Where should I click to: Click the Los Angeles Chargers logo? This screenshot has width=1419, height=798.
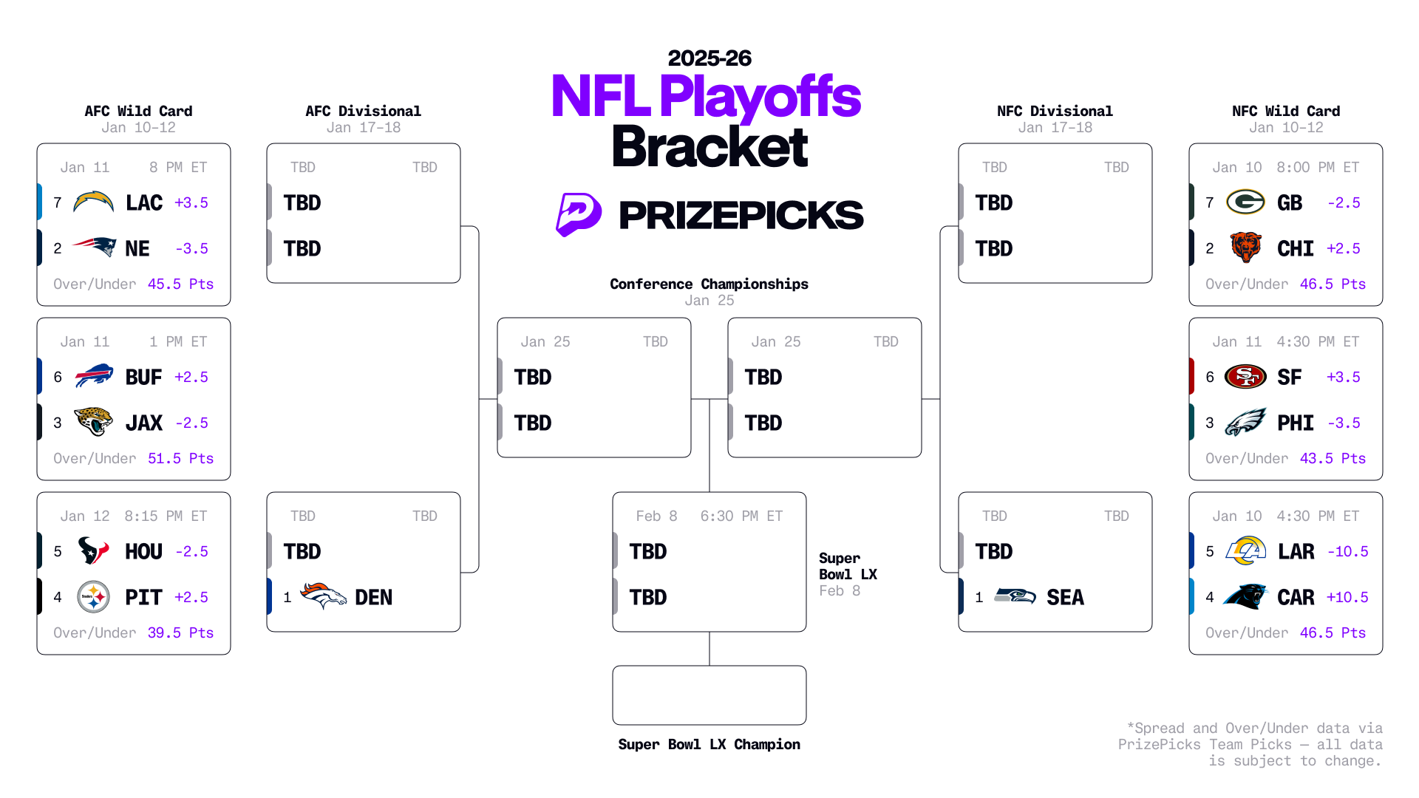click(x=94, y=202)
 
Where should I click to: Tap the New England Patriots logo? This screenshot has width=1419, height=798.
click(x=94, y=248)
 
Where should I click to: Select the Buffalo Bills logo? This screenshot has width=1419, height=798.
click(x=94, y=377)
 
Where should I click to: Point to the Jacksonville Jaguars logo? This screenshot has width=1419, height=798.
click(x=94, y=422)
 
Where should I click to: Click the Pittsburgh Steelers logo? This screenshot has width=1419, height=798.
click(x=94, y=597)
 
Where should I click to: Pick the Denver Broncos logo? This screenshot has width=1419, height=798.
click(x=323, y=596)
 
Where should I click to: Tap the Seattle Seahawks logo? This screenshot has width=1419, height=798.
click(x=1015, y=596)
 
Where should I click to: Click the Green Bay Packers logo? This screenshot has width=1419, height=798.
click(x=1245, y=202)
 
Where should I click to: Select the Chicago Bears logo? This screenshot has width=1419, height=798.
click(x=1245, y=248)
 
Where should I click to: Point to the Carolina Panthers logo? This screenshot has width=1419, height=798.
click(x=1245, y=596)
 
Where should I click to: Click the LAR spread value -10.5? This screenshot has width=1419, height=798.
click(x=1347, y=551)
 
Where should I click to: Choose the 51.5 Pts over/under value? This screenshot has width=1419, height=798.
click(x=180, y=458)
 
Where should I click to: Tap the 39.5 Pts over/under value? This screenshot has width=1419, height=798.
click(x=180, y=632)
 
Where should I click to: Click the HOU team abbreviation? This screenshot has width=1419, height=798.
click(x=143, y=551)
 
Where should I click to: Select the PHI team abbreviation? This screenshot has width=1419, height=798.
click(x=1296, y=423)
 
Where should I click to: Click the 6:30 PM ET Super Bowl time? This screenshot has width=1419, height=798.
click(x=741, y=516)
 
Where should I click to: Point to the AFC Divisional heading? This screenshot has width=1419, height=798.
click(x=363, y=111)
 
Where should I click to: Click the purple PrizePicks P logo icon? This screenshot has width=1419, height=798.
click(x=578, y=214)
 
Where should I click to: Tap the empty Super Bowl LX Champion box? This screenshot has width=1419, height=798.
click(x=709, y=695)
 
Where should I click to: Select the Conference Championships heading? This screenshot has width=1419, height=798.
click(x=709, y=284)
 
